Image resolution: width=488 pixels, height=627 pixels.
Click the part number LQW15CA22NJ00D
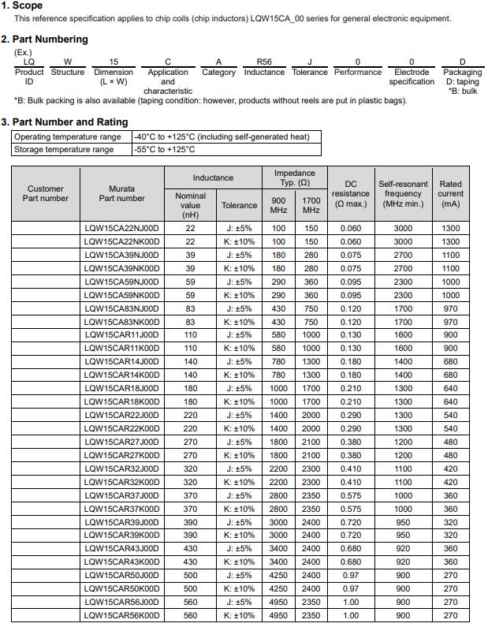click(121, 229)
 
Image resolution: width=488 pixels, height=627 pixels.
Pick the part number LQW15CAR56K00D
click(121, 615)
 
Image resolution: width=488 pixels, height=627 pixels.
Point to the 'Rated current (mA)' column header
click(450, 194)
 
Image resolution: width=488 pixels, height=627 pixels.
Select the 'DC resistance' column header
click(351, 194)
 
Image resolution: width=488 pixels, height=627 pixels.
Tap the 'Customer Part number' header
click(46, 193)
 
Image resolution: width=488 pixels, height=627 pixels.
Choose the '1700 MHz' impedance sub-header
click(311, 205)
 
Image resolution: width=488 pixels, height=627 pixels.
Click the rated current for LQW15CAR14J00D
click(450, 362)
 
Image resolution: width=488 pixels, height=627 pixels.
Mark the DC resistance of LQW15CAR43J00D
click(351, 549)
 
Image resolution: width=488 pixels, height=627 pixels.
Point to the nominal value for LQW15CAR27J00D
click(190, 442)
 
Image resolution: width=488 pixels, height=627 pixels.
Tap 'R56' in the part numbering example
click(264, 62)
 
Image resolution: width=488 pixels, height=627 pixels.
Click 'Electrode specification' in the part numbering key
click(412, 77)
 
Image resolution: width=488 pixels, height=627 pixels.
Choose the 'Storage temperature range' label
click(64, 149)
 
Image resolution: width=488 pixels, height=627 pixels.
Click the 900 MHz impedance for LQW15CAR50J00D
click(278, 575)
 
